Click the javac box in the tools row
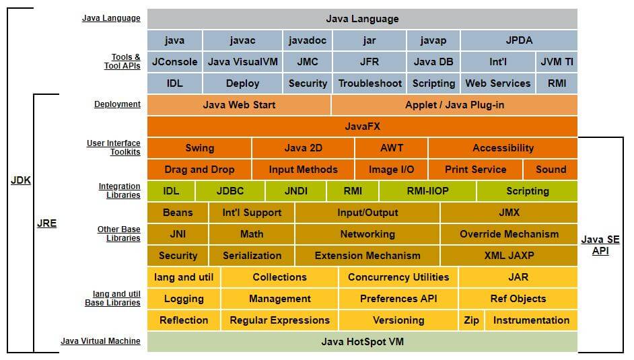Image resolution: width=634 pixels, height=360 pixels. [242, 40]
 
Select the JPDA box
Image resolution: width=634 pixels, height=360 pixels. [519, 40]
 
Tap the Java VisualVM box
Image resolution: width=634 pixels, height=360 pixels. [242, 62]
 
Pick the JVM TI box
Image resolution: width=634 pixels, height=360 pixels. [557, 62]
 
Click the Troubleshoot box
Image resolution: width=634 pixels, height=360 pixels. [369, 83]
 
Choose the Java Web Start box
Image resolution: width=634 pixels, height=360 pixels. [239, 105]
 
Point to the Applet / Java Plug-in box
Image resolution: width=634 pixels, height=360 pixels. [454, 105]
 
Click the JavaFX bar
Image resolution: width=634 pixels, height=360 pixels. [362, 127]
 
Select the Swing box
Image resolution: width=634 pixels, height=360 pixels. [199, 148]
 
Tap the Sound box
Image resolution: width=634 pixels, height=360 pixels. [551, 170]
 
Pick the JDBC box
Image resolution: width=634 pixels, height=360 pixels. [230, 191]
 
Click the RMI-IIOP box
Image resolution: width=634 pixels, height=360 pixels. [427, 191]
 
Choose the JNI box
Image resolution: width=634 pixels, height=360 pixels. [178, 234]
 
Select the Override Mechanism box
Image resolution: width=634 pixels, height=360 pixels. [509, 234]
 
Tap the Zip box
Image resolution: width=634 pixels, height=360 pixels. [472, 320]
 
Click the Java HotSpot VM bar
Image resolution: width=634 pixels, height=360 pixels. [362, 342]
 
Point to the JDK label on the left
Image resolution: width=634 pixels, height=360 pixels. [21, 180]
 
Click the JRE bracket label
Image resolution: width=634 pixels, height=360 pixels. [46, 223]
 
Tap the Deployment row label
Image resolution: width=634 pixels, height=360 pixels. [117, 104]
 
